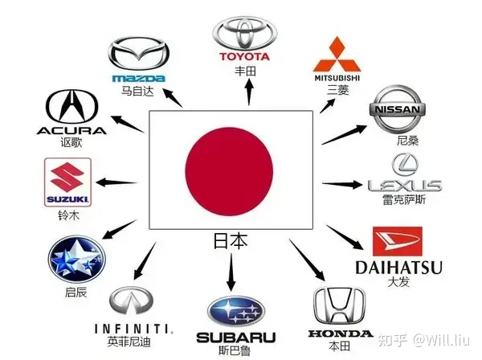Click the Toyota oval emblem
coord(245,33)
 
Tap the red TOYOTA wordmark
coord(245,56)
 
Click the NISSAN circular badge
coord(397,109)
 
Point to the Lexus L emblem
coord(405,165)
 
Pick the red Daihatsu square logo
coord(397,242)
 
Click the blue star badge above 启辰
coord(77,260)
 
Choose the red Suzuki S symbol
coord(67,178)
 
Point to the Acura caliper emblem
coord(72,107)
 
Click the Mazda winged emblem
coord(139,55)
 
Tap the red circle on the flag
coord(229,171)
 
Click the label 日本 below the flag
coord(231,241)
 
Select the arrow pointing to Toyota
coord(249,92)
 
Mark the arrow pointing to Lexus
coord(342,184)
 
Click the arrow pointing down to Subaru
coord(231,272)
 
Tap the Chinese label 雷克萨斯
coord(404,199)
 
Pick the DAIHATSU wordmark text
coord(398,268)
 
